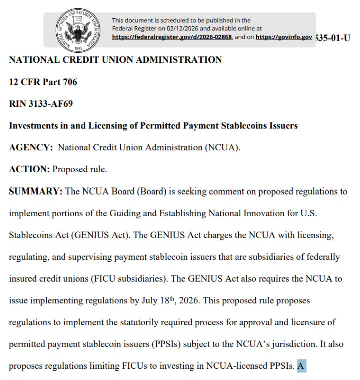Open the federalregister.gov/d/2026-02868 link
(x=172, y=37)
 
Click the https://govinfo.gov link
(x=284, y=37)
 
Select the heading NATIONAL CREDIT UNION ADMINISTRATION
(x=115, y=60)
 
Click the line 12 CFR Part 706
(x=43, y=82)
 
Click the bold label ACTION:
(x=29, y=169)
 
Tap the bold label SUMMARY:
(x=35, y=192)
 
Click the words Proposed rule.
(x=80, y=169)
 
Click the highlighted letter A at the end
(x=301, y=366)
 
